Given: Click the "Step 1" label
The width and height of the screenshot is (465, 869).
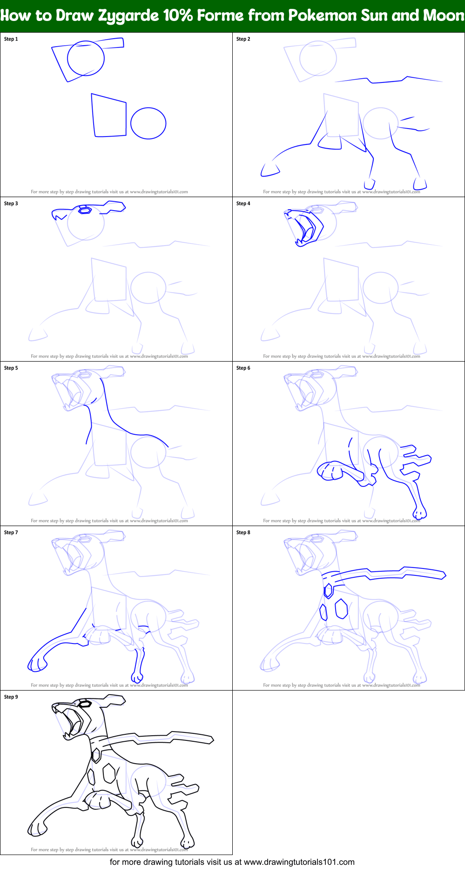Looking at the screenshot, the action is tap(11, 39).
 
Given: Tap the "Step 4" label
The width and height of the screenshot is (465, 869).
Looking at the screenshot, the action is tap(243, 204).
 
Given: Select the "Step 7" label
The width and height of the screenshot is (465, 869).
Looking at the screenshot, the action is tap(11, 533).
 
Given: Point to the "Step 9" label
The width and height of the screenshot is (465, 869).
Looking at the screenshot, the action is tap(11, 697).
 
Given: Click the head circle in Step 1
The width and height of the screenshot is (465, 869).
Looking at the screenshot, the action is tap(86, 58).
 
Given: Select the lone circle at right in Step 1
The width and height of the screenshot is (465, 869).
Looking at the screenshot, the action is tap(148, 123).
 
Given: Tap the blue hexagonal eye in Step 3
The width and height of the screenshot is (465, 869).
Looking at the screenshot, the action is tap(85, 210).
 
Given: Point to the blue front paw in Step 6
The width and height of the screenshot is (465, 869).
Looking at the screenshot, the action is tap(330, 471).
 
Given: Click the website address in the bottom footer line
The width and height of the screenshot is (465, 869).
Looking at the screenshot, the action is tap(299, 862).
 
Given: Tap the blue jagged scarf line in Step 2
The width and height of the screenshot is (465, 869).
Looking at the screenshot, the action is tap(388, 80).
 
